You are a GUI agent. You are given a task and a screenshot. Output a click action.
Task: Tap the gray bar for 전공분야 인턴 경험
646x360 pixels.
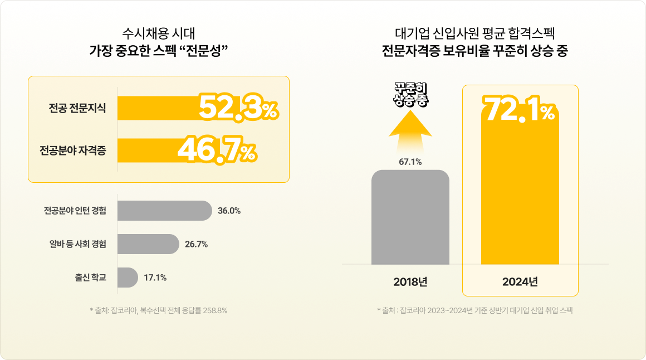[x=164, y=211]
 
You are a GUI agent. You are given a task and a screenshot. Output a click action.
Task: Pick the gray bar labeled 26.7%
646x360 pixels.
[x=148, y=244]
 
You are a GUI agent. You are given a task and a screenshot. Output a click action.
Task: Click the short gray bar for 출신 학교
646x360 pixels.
[x=128, y=278]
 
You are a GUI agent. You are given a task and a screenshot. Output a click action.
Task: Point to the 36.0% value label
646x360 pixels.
[x=229, y=211]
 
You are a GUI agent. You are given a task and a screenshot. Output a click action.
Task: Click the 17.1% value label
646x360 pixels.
[x=155, y=278]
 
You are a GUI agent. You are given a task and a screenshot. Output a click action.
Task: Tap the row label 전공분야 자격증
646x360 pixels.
[x=73, y=150]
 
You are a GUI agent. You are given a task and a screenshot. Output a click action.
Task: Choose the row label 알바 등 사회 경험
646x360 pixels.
[x=78, y=244]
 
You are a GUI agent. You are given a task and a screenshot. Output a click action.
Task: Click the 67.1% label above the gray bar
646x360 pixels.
[x=410, y=162]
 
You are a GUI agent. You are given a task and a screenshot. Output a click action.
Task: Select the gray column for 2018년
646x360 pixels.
[x=410, y=217]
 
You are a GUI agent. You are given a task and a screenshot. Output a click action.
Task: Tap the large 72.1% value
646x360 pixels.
[x=520, y=109]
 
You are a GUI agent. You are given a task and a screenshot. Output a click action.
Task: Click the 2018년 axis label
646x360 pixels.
[x=410, y=281]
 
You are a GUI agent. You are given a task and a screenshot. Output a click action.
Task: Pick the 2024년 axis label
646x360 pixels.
[x=520, y=281]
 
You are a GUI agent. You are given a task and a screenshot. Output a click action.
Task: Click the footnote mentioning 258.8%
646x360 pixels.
[x=159, y=310]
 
